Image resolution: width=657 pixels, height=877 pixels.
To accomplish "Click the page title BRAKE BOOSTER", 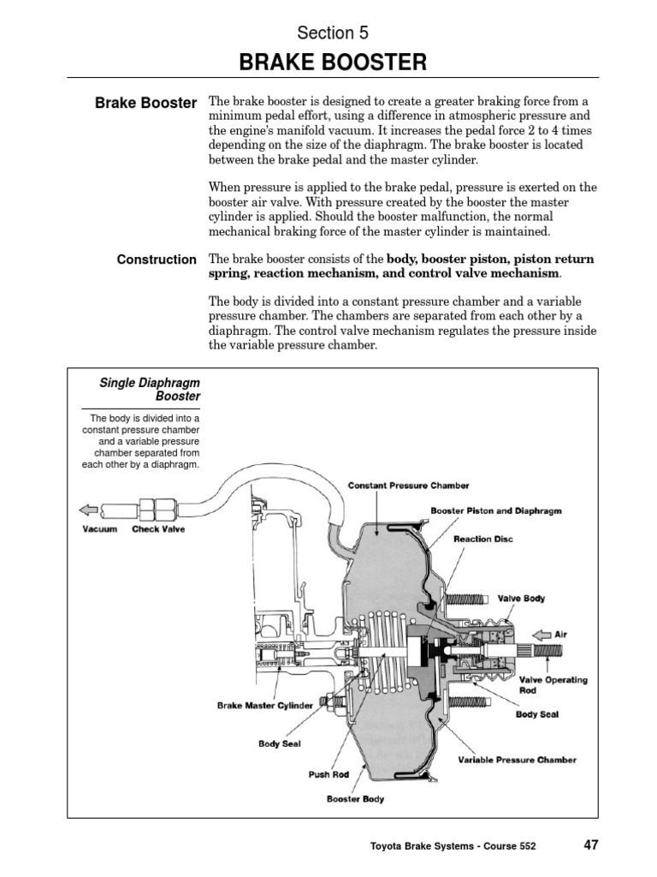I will [332, 62].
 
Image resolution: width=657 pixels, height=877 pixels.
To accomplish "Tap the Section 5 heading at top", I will [332, 33].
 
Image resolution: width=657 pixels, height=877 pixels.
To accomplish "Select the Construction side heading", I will [157, 260].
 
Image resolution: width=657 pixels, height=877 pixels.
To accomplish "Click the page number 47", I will [591, 844].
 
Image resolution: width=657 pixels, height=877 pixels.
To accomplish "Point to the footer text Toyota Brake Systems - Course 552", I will [453, 846].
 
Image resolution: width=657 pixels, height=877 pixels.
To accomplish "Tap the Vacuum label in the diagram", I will [99, 529].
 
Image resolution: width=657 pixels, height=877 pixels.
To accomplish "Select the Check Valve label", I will [158, 529].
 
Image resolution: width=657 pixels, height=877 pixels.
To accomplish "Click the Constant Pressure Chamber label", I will [408, 486].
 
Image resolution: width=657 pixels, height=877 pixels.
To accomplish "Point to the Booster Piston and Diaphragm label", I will [495, 510].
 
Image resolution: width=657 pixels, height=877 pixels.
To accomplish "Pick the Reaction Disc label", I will [484, 540].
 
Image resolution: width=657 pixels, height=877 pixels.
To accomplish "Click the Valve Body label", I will [521, 599].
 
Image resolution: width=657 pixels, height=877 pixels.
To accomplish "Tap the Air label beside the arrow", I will [560, 635].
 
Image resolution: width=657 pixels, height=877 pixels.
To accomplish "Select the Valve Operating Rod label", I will [553, 685].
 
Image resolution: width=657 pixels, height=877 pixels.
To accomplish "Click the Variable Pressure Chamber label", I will [517, 760].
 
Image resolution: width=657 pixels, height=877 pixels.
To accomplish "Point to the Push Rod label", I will [328, 774].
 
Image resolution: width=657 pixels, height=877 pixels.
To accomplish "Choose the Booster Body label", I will [355, 799].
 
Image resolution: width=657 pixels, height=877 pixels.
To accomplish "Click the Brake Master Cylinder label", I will [265, 707].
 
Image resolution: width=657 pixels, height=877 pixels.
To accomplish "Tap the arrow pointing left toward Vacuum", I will [87, 510].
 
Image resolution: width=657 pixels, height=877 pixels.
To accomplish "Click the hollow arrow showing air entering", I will [542, 635].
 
